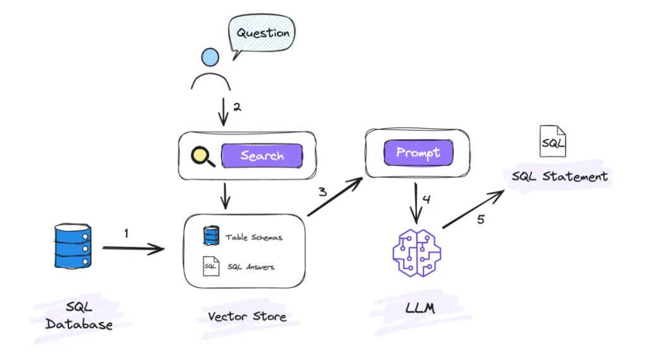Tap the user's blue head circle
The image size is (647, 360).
click(x=210, y=57)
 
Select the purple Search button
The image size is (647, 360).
click(x=262, y=156)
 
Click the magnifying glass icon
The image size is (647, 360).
click(x=202, y=156)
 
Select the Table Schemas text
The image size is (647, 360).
click(x=253, y=238)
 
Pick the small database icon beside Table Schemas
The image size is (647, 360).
click(x=210, y=236)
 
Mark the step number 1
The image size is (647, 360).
click(x=126, y=234)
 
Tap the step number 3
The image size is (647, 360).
click(x=322, y=192)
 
